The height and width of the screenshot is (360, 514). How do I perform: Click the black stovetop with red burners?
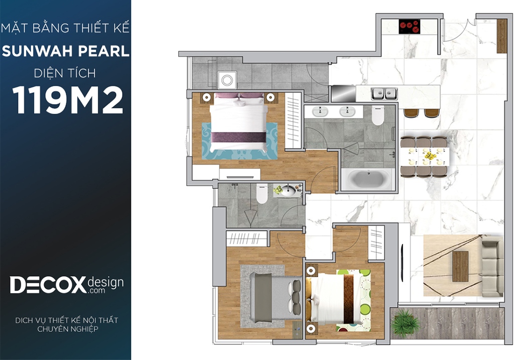(410, 27)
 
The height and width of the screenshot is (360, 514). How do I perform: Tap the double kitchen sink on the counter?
(384, 94)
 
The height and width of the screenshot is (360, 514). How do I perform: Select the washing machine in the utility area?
(227, 80)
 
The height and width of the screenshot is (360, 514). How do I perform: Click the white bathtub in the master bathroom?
(367, 179)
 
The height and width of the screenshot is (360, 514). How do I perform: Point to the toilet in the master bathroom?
(377, 115)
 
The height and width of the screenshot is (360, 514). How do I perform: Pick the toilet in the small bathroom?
(262, 194)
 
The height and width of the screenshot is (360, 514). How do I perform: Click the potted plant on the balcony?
(406, 322)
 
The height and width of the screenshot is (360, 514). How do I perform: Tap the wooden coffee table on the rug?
(460, 266)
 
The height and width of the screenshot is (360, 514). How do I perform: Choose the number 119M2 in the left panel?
(68, 100)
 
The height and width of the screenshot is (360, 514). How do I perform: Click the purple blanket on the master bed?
(238, 137)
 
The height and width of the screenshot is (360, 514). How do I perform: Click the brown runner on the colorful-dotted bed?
(348, 298)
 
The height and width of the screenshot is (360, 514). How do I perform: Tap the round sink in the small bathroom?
(288, 190)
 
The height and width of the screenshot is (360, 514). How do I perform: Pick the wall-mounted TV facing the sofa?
(402, 263)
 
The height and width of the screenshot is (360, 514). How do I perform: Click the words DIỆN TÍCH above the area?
(65, 73)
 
